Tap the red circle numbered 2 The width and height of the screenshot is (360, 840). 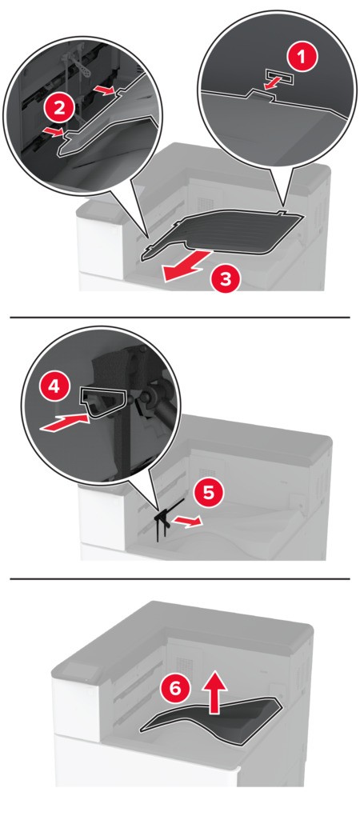[x=60, y=109]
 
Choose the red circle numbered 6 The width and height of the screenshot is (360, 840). [x=176, y=689]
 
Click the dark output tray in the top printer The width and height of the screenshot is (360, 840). [x=222, y=231]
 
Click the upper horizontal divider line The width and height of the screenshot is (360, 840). [x=180, y=317]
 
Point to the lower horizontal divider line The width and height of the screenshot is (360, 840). [x=180, y=578]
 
